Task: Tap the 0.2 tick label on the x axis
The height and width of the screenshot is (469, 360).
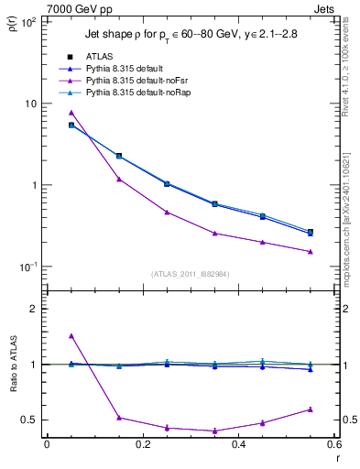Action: [142, 446]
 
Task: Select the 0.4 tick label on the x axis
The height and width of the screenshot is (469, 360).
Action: [238, 446]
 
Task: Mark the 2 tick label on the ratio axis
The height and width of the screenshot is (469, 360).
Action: [35, 309]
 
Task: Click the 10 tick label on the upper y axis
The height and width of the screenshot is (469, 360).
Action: [30, 104]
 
